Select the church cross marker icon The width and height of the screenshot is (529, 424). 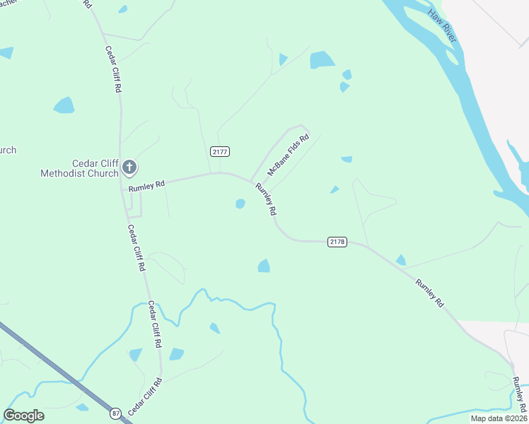tap(129, 167)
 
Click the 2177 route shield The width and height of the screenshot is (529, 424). tap(220, 152)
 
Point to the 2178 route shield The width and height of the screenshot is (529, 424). tap(337, 242)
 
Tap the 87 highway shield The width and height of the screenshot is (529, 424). tap(115, 412)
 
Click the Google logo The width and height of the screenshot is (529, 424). tap(24, 416)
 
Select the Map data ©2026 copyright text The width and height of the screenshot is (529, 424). tap(498, 418)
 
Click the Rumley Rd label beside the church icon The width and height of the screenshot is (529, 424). tap(146, 185)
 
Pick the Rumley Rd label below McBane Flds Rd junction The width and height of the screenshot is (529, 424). tap(266, 199)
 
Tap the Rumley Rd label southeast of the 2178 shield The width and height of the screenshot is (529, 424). tap(429, 293)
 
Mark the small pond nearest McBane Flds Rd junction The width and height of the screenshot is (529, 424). tap(240, 204)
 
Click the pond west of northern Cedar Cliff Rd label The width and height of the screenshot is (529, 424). tap(64, 105)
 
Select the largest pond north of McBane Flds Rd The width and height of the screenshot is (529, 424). tap(322, 60)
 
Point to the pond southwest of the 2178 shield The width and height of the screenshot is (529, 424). tap(264, 266)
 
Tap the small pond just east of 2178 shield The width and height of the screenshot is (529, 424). tap(401, 260)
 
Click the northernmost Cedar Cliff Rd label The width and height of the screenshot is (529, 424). tap(112, 71)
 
